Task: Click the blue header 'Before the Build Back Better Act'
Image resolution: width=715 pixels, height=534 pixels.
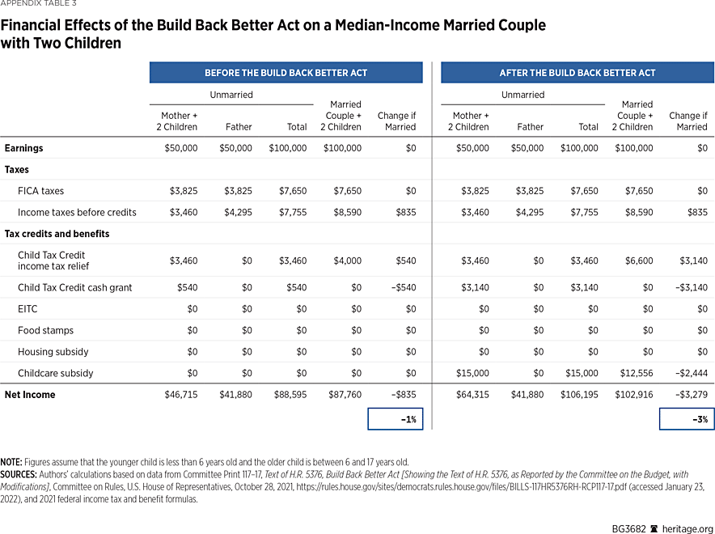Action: pyautogui.click(x=286, y=73)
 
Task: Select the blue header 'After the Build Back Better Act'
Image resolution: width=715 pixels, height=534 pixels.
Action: pyautogui.click(x=577, y=73)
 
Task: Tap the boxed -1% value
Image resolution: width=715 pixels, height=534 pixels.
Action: pyautogui.click(x=396, y=419)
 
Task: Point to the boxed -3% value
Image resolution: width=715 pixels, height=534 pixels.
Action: pyautogui.click(x=687, y=419)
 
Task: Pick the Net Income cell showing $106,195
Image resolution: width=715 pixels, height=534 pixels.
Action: pyautogui.click(x=579, y=395)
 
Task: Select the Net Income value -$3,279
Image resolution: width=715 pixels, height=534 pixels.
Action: pyautogui.click(x=689, y=395)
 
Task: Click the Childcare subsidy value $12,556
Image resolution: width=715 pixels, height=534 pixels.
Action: pyautogui.click(x=635, y=373)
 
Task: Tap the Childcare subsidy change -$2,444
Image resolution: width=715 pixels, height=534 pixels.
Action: pyautogui.click(x=689, y=373)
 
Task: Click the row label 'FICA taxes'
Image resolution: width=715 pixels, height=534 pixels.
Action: pyautogui.click(x=40, y=191)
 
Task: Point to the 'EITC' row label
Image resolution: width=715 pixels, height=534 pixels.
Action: pyautogui.click(x=27, y=309)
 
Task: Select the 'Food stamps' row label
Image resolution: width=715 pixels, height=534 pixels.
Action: pyautogui.click(x=45, y=330)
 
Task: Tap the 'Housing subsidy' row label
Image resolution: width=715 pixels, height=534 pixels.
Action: pyautogui.click(x=53, y=352)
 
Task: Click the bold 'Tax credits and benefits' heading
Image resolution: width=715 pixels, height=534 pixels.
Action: pyautogui.click(x=57, y=234)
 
